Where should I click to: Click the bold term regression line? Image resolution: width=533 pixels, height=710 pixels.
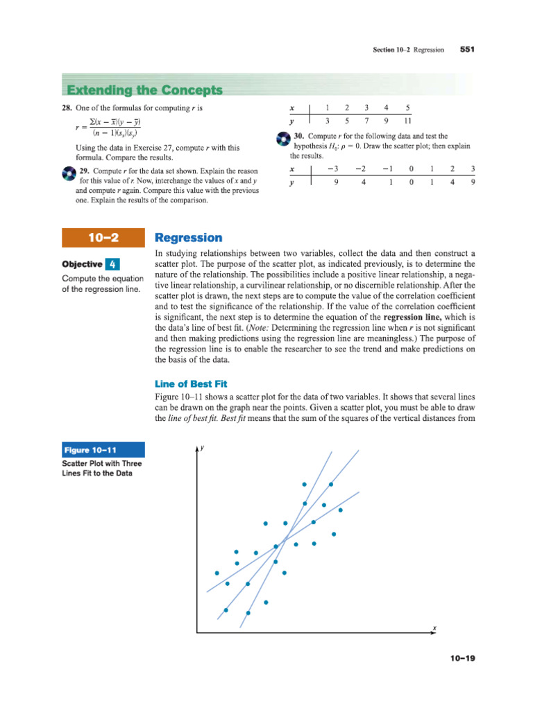click(x=414, y=316)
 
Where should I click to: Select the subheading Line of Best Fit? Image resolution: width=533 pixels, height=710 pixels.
click(x=190, y=383)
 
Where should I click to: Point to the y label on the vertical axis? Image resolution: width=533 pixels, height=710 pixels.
click(x=203, y=449)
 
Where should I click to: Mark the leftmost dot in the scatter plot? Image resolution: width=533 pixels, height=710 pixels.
click(x=217, y=573)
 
